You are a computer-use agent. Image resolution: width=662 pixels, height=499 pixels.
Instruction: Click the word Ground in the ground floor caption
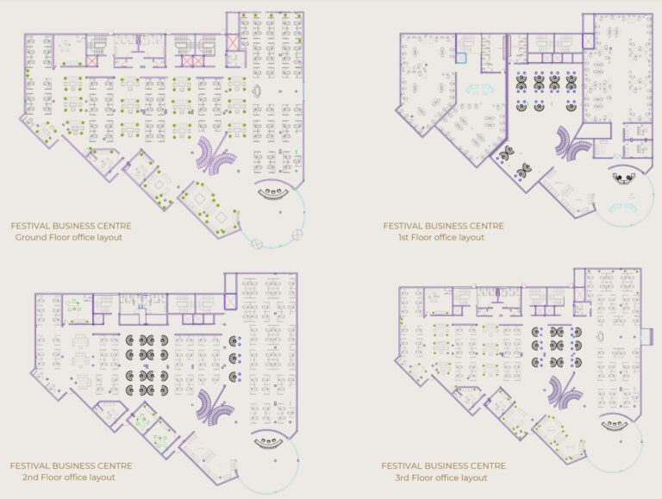[x=31, y=237]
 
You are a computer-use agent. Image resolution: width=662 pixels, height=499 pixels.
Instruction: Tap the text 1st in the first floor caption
[x=403, y=237]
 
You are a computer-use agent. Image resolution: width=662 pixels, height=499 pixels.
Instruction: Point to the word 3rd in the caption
[x=403, y=478]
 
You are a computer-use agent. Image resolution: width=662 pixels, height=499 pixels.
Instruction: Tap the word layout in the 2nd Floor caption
[x=103, y=477]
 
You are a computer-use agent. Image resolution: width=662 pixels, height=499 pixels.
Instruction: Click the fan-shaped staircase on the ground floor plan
[x=215, y=155]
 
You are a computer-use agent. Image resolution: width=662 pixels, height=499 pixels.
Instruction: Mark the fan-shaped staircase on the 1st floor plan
[x=572, y=144]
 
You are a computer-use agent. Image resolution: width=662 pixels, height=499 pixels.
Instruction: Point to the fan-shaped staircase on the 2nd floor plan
[x=215, y=408]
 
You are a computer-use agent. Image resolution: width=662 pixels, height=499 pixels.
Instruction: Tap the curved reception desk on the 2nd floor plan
[x=269, y=443]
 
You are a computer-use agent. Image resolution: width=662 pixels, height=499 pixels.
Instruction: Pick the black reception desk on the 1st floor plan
[x=624, y=178]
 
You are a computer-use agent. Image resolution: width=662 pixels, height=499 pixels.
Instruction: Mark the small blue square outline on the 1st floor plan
[x=461, y=58]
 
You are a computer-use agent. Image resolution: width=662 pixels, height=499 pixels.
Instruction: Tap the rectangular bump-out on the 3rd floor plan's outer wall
[x=646, y=336]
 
